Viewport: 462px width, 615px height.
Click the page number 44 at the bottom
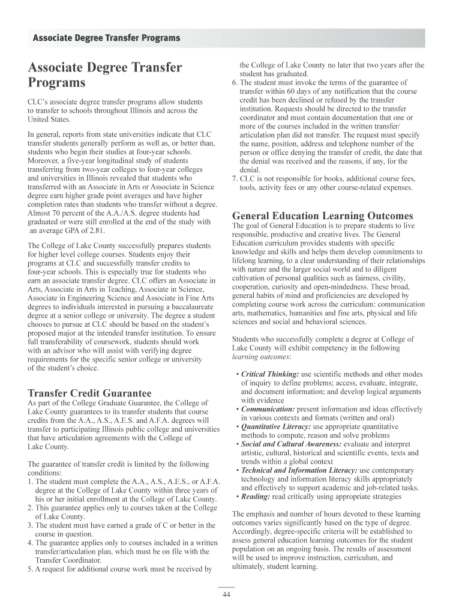pos(226,595)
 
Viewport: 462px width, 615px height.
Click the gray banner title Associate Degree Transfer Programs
pos(106,38)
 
